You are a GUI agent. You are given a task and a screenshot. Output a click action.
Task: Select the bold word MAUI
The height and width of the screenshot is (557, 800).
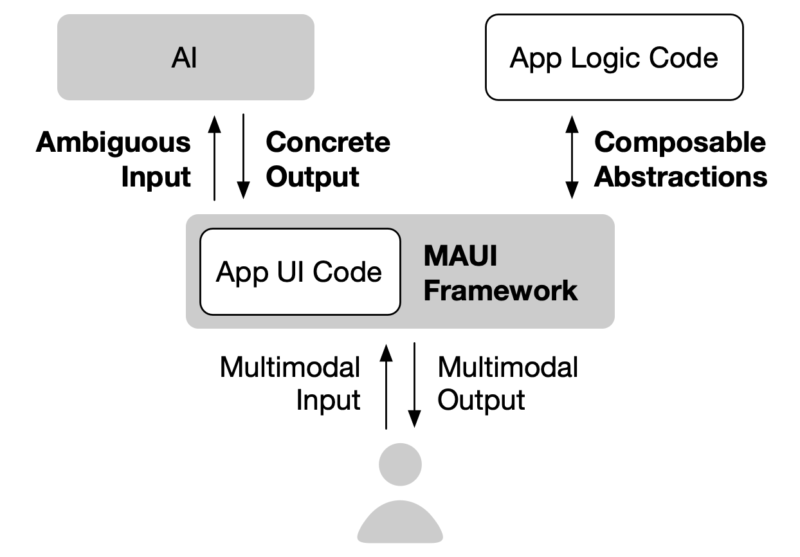(460, 256)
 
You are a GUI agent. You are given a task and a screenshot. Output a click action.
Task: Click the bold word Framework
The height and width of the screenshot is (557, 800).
(500, 290)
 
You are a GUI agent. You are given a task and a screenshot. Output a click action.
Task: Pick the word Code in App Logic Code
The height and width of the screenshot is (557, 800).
(683, 59)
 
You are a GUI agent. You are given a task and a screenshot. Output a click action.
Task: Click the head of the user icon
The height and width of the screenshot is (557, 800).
(400, 464)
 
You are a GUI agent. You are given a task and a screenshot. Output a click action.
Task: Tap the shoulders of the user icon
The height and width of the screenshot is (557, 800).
(400, 524)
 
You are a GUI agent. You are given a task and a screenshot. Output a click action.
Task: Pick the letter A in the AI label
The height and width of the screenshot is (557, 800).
(180, 59)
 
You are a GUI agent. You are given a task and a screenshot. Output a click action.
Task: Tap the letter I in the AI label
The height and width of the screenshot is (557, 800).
(194, 59)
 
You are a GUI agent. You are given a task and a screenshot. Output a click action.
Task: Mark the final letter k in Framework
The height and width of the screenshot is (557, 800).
(570, 290)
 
